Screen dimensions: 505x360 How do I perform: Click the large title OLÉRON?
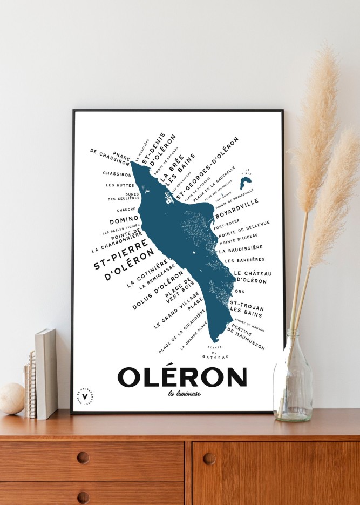click(182, 377)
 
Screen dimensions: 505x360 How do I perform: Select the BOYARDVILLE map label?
click(238, 211)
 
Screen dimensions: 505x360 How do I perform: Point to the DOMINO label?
click(125, 220)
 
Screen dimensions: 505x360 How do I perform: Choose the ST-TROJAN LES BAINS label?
click(246, 309)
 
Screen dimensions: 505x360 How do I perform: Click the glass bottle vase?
click(292, 378)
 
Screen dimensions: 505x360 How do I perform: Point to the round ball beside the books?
click(11, 399)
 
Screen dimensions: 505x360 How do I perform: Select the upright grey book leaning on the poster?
click(46, 373)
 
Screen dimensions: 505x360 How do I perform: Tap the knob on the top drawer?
click(83, 457)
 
